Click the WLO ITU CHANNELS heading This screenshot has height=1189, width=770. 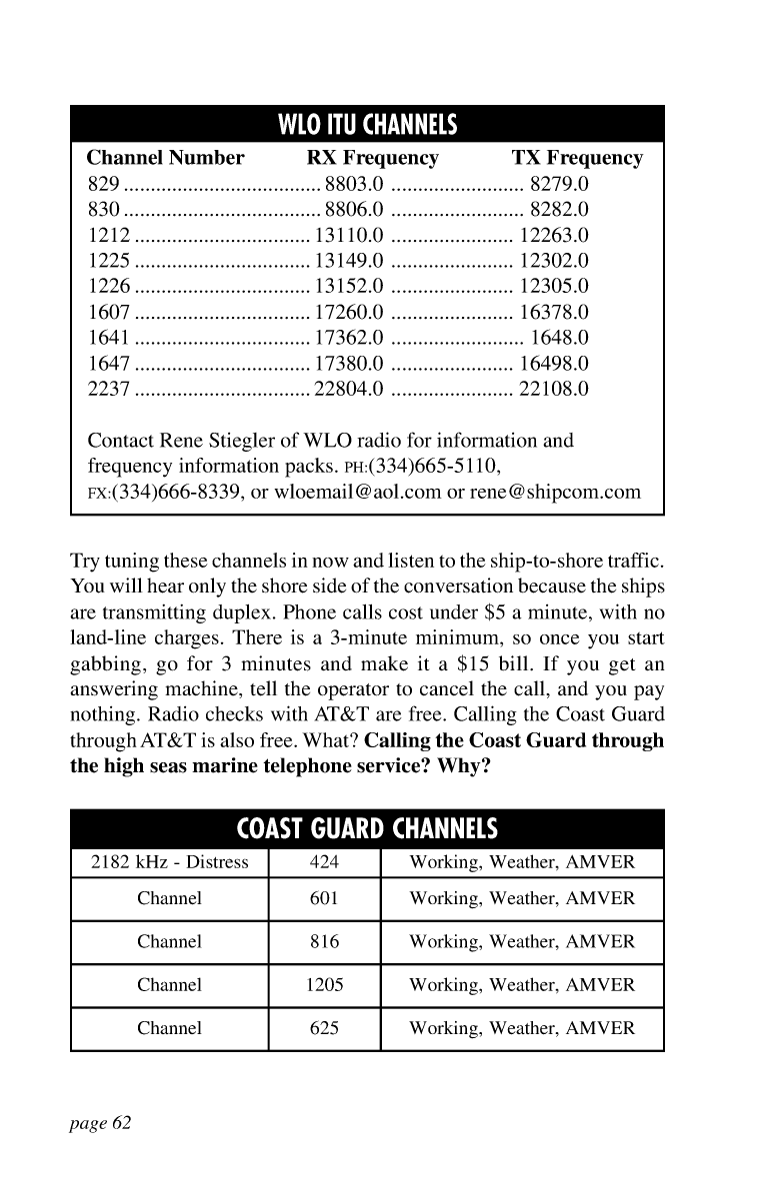367,126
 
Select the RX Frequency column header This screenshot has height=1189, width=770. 372,158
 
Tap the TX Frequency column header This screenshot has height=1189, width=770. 577,158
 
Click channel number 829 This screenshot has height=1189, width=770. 104,184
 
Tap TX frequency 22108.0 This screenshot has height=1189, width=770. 554,389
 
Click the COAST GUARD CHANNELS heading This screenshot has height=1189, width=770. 367,830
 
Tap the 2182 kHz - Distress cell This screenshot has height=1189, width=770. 169,863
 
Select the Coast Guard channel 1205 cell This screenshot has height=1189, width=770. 324,985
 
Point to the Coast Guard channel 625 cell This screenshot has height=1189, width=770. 324,1028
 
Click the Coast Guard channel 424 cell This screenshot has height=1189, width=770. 324,863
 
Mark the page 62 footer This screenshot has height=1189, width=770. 101,1123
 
